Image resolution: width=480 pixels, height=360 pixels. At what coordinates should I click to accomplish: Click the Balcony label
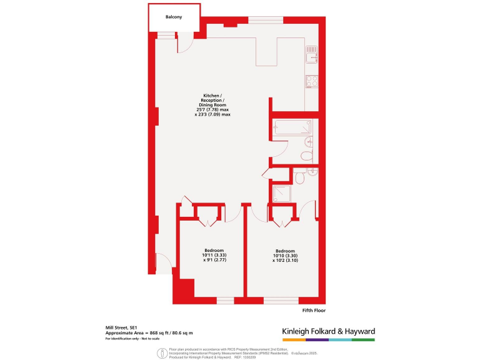(174, 17)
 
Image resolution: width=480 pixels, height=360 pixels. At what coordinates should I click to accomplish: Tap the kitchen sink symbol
(311, 55)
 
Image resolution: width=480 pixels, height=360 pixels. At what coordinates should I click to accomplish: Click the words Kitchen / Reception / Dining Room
(212, 100)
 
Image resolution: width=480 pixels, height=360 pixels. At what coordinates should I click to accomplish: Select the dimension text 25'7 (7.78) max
(212, 110)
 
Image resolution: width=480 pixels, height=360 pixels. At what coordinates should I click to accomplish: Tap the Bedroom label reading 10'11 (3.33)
(213, 255)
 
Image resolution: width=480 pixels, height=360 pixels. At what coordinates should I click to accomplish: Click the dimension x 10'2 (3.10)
(284, 261)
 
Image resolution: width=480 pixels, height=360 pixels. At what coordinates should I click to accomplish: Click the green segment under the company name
(363, 340)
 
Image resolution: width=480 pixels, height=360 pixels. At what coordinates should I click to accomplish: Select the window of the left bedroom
(225, 301)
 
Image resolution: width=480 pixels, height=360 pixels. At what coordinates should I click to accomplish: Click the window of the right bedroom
(281, 301)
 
